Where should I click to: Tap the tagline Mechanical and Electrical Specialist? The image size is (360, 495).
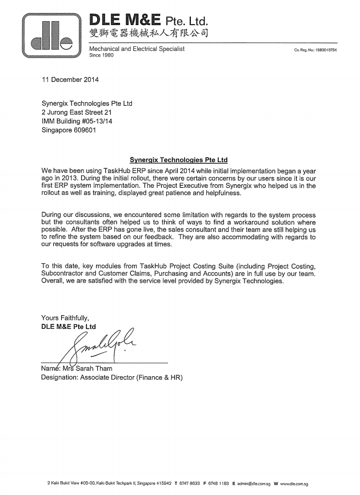point(138,50)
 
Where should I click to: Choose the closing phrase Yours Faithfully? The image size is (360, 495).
point(66,318)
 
